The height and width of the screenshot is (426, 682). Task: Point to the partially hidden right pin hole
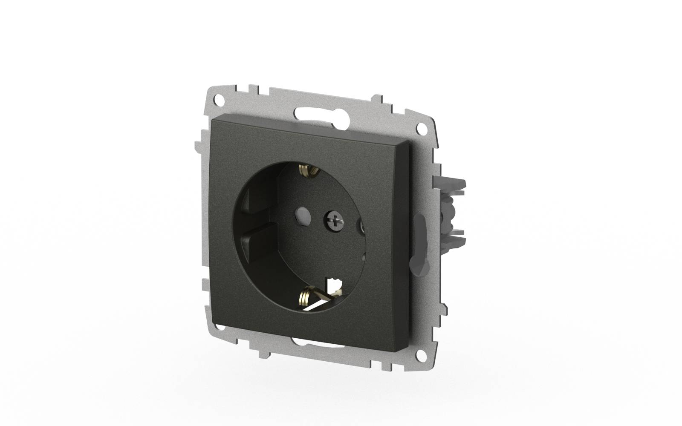[362, 226]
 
